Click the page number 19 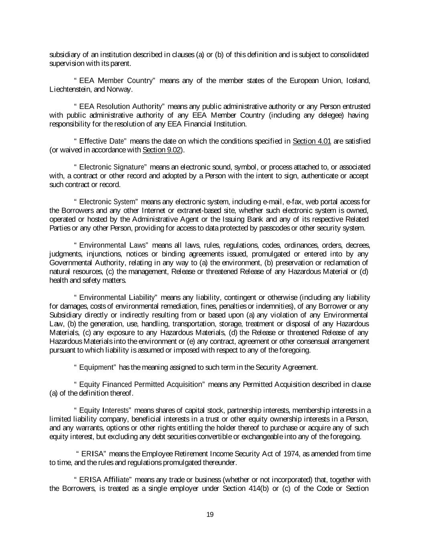coord(210,515)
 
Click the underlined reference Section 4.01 coord(312,141)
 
